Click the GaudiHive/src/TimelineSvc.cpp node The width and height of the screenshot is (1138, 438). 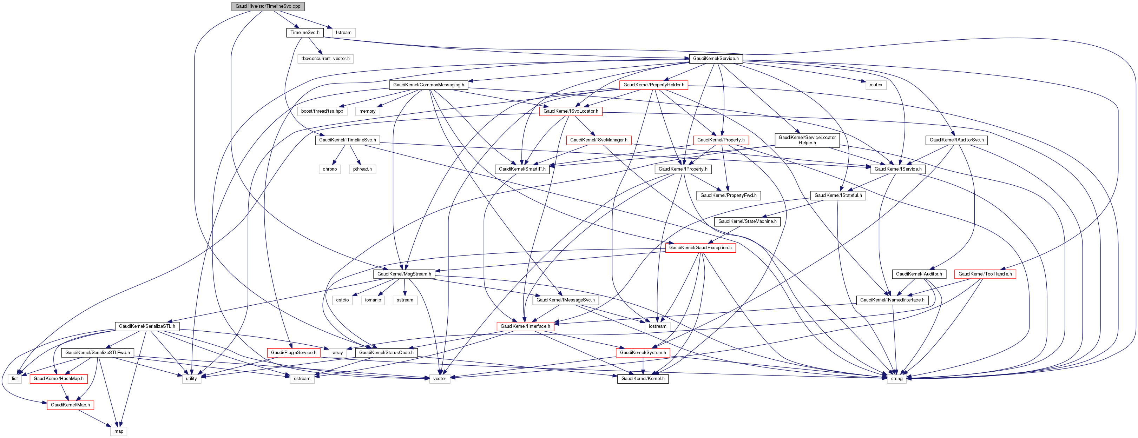click(x=268, y=6)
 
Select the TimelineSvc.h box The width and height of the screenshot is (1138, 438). click(x=305, y=33)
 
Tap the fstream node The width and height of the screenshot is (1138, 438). click(x=343, y=33)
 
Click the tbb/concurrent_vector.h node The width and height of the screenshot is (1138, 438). click(x=325, y=59)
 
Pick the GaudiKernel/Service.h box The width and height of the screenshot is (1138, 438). click(x=716, y=59)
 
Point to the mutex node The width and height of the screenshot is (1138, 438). click(x=876, y=85)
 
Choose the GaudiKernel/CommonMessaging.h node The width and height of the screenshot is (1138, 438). click(x=428, y=85)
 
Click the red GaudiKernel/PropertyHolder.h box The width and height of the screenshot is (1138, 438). click(x=654, y=85)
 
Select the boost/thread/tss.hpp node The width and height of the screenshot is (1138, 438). click(x=322, y=111)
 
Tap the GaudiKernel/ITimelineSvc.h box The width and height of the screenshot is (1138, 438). click(x=348, y=140)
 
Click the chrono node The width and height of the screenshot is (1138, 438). click(x=330, y=169)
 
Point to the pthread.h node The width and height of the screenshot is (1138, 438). click(x=362, y=169)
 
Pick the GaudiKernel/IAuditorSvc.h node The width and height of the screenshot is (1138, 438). click(x=956, y=140)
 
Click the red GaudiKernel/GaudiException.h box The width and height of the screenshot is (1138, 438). click(x=700, y=248)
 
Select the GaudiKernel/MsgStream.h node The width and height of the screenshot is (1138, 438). click(x=404, y=274)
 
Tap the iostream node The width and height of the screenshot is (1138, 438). click(x=657, y=326)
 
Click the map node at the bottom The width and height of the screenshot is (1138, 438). click(x=119, y=431)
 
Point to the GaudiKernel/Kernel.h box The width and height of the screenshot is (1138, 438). click(x=643, y=379)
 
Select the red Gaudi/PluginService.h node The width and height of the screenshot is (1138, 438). click(x=293, y=353)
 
